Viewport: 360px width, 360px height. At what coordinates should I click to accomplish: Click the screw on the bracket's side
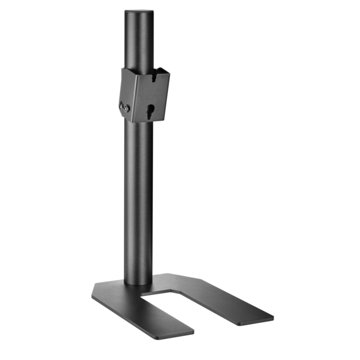point(125,107)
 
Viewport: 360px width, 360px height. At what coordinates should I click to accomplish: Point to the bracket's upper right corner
point(170,73)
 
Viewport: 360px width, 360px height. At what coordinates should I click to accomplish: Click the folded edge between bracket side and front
point(133,99)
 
